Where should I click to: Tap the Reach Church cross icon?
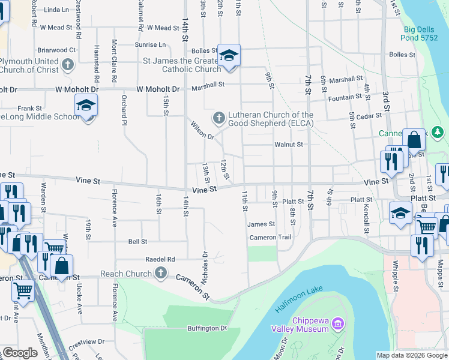[160, 274]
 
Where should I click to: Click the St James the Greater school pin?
[228, 56]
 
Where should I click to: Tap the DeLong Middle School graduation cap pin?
[86, 106]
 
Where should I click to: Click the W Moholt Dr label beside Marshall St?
[158, 89]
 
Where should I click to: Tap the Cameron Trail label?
[270, 238]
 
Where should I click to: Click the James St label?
[261, 224]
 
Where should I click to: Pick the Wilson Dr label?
[202, 132]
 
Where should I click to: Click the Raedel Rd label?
[160, 259]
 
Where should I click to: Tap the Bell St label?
[137, 241]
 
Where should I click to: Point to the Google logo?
[20, 353]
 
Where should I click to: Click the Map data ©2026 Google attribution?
[412, 355]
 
